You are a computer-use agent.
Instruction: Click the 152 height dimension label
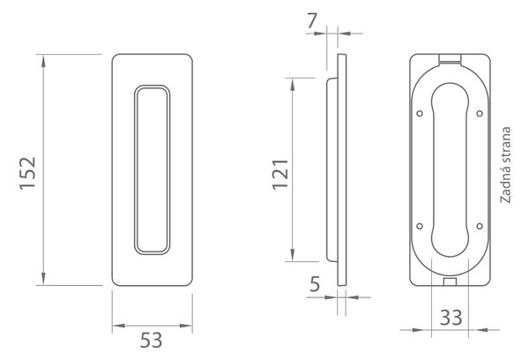pos(27,173)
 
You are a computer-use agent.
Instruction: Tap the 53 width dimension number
pos(151,341)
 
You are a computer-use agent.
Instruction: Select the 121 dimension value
pos(280,174)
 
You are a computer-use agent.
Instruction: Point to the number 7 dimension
pos(312,21)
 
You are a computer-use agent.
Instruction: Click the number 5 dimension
pos(315,284)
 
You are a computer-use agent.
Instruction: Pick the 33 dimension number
pos(451,318)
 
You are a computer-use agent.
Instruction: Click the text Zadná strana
pos(505,165)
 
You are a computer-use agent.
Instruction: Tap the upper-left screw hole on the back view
pos(420,114)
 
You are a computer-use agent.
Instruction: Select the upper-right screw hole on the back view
pos(480,114)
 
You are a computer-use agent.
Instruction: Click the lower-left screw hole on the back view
pos(420,226)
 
